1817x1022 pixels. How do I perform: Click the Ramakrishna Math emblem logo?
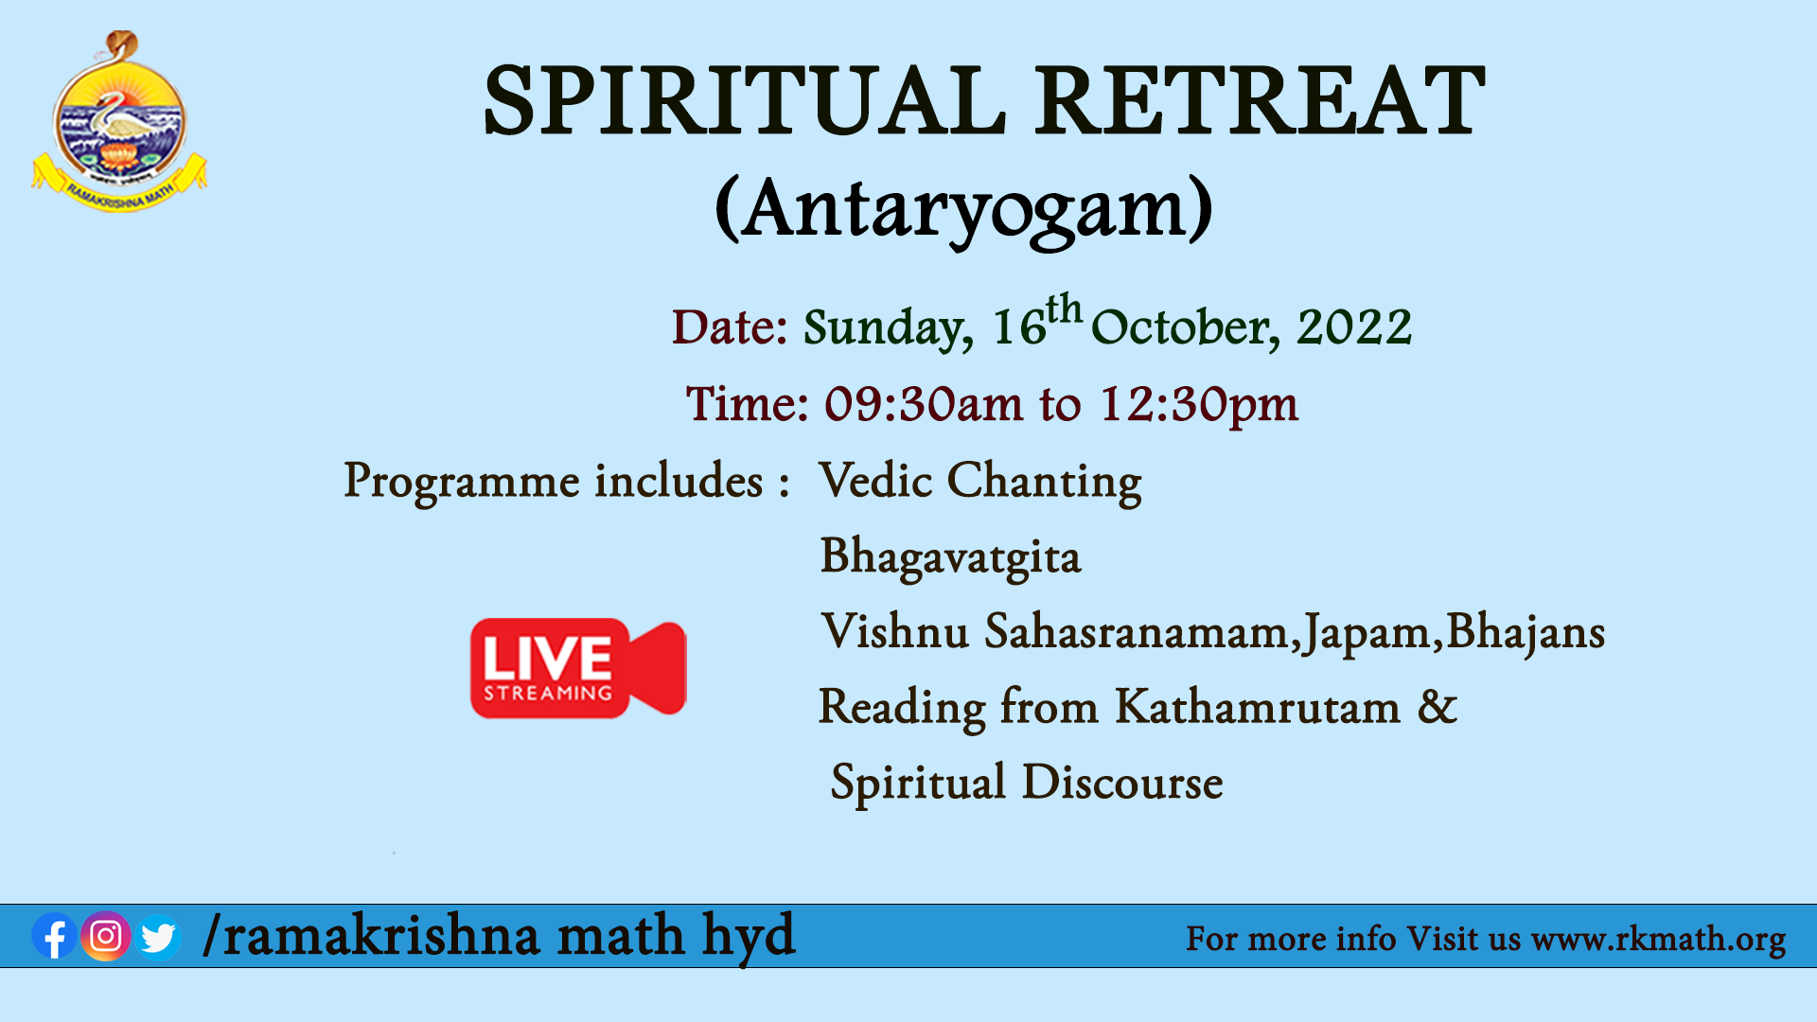pos(119,121)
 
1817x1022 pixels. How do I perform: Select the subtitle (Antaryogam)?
pos(963,210)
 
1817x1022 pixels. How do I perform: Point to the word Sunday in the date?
pos(888,327)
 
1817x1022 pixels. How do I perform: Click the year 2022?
pos(1354,327)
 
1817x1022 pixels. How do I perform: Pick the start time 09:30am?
pos(924,404)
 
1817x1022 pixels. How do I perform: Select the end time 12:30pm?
pos(1198,405)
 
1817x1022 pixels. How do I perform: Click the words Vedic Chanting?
pos(980,481)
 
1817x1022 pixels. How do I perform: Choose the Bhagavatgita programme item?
pos(950,556)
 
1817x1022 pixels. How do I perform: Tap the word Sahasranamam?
pos(1136,631)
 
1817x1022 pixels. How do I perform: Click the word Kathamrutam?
pos(1258,707)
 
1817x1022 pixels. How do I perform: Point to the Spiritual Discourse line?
pos(1027,784)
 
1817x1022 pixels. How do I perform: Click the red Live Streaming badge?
pos(578,668)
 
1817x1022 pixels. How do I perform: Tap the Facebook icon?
pos(54,937)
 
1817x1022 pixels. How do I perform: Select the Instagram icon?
pos(106,936)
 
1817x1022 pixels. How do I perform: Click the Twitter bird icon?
pos(157,937)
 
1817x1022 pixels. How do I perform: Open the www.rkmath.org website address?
pos(1658,939)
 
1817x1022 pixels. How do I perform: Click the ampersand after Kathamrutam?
pos(1438,707)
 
